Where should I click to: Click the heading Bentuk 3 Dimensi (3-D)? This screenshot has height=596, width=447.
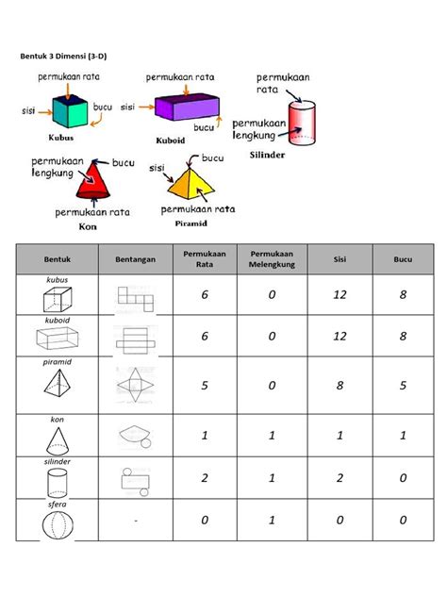[65, 56]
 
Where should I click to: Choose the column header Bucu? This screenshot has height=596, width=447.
[404, 258]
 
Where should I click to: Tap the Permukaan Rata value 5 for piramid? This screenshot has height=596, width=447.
[203, 384]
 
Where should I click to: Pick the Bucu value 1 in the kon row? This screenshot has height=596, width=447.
[404, 436]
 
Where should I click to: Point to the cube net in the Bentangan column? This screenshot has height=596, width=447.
[135, 300]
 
